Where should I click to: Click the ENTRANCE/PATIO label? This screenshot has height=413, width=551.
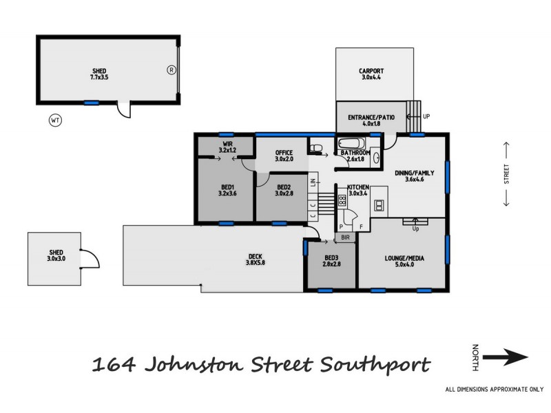click(x=371, y=118)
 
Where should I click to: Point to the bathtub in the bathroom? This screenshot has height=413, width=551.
click(x=353, y=145)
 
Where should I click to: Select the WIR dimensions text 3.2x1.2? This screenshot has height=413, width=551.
click(x=227, y=149)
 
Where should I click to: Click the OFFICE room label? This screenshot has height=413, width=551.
click(x=284, y=152)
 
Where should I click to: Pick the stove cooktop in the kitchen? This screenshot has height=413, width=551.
click(x=342, y=202)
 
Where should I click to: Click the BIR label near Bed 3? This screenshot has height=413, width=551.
click(x=345, y=237)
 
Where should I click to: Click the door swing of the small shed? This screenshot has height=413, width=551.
click(x=92, y=258)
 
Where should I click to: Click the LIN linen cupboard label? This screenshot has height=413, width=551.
click(x=313, y=182)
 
